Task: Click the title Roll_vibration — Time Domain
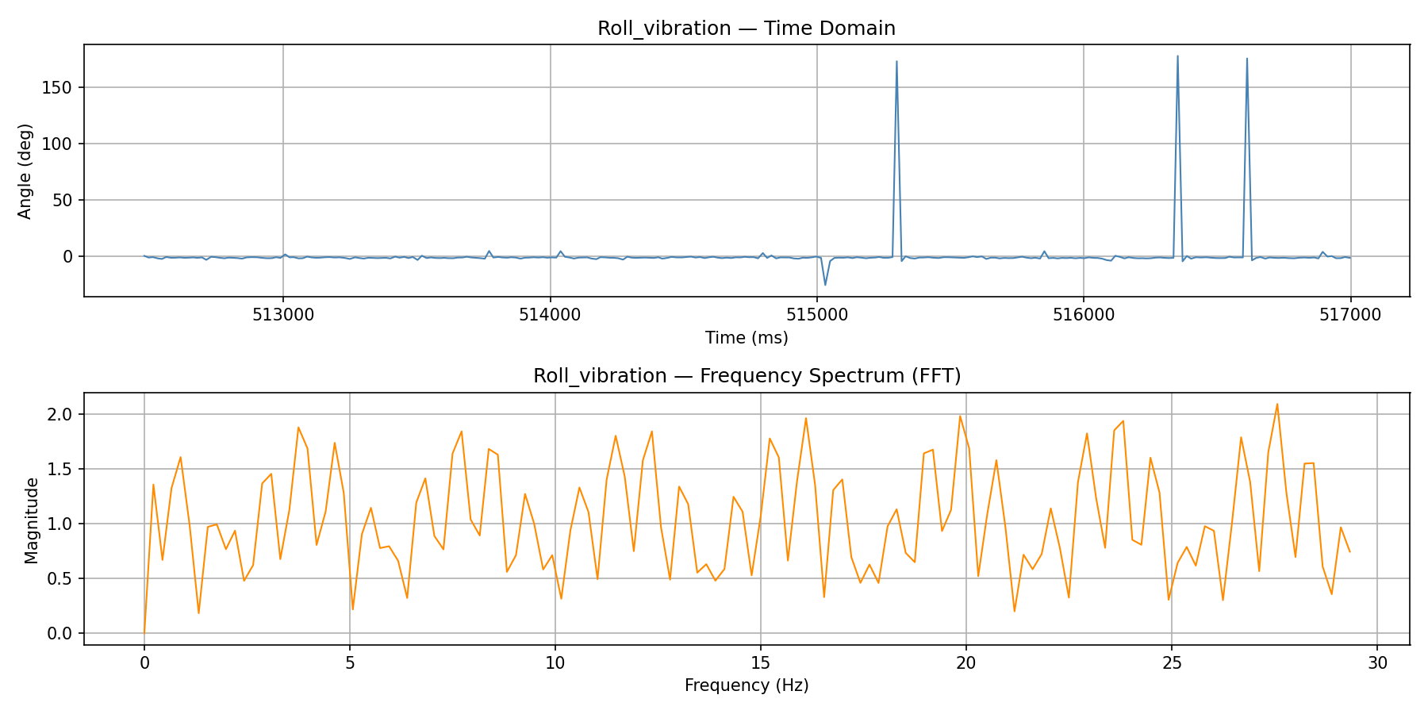click(x=746, y=29)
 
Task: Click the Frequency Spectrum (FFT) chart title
click(x=746, y=376)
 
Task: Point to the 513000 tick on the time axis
click(x=283, y=315)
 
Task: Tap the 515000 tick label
click(x=817, y=315)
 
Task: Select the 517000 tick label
click(x=1350, y=315)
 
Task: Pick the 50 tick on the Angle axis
click(x=62, y=200)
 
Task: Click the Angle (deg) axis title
click(x=25, y=171)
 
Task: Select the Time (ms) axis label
click(x=746, y=338)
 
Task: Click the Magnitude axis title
click(x=31, y=520)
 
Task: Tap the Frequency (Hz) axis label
click(x=746, y=685)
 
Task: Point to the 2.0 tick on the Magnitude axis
click(x=59, y=414)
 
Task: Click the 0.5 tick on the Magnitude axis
click(x=59, y=578)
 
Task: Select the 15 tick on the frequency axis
click(x=760, y=662)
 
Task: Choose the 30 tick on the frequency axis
click(x=1377, y=662)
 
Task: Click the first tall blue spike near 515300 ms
click(x=896, y=63)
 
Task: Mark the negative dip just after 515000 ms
click(x=825, y=284)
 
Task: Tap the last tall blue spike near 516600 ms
click(x=1246, y=59)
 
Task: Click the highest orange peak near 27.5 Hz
click(x=1276, y=405)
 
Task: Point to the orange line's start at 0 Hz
click(x=144, y=632)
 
